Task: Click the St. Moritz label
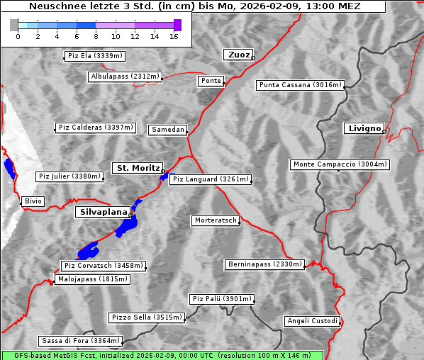[x=138, y=168]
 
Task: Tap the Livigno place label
[x=364, y=128]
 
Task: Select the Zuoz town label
[x=238, y=55]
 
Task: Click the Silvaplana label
[x=104, y=212]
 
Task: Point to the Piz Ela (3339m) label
[x=94, y=56]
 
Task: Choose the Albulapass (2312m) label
[x=125, y=77]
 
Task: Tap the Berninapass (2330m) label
[x=265, y=264]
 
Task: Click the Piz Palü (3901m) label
[x=221, y=299]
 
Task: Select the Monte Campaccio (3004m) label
[x=340, y=164]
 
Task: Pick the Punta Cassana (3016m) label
[x=300, y=85]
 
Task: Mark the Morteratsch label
[x=215, y=220]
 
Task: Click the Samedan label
[x=167, y=130]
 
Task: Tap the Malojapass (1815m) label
[x=93, y=280]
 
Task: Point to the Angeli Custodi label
[x=312, y=321]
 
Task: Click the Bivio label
[x=33, y=201]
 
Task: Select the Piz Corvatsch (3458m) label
[x=104, y=266]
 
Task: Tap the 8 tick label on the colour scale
[x=96, y=36]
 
